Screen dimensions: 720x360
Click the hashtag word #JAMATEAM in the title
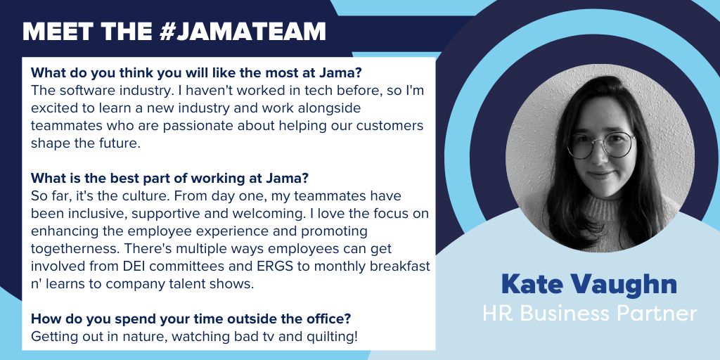(x=243, y=31)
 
